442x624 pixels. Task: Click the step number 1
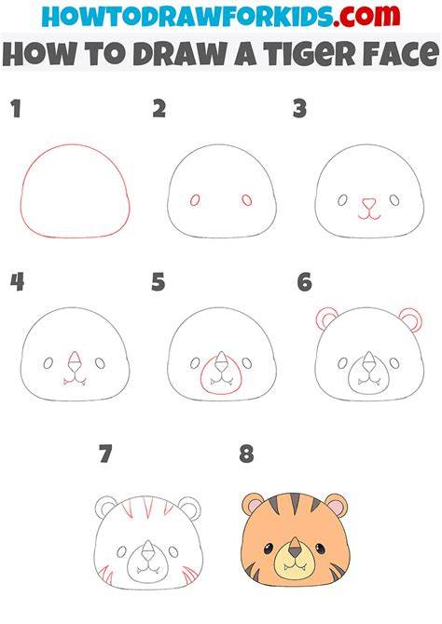click(16, 109)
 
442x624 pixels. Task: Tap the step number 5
click(158, 282)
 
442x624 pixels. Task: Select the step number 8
click(246, 454)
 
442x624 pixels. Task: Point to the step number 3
click(299, 109)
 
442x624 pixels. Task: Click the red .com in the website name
click(366, 16)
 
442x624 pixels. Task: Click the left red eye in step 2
click(195, 200)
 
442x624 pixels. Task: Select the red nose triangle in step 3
click(369, 204)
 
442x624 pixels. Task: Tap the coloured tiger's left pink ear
click(253, 505)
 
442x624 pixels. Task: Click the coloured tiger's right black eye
click(320, 549)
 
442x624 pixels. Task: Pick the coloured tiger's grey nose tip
click(295, 552)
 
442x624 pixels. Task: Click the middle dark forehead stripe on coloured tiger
click(295, 502)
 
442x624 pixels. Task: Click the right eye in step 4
click(100, 363)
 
